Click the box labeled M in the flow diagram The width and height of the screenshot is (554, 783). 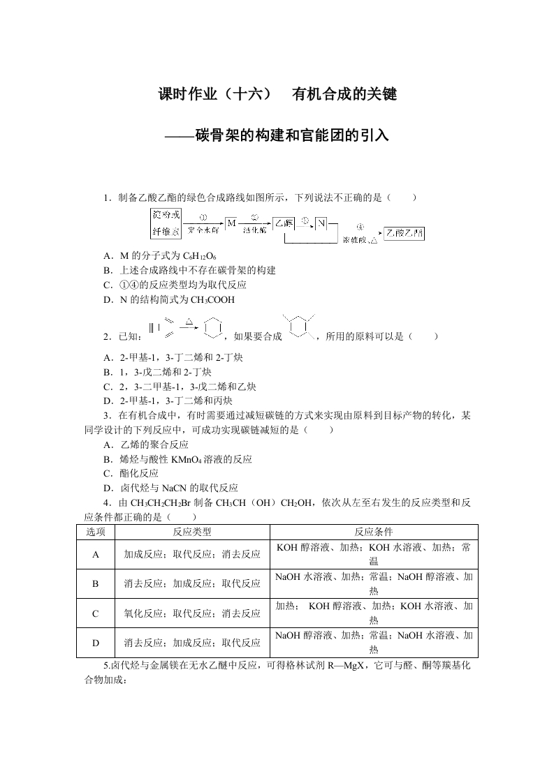coord(231,223)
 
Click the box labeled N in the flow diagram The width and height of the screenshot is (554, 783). coord(321,223)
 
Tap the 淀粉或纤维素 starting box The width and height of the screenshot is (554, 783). coord(166,223)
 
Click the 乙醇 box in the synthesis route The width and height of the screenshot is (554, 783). coord(283,223)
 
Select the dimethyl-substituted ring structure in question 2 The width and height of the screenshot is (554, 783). coord(299,326)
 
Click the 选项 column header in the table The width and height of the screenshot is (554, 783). coord(96,532)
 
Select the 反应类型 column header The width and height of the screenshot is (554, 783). coord(192,532)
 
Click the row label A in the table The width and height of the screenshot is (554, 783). coord(96,554)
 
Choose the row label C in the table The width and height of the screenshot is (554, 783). coord(96,613)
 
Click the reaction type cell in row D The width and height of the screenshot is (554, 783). coord(192,643)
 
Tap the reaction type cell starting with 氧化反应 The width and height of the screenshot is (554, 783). coord(192,613)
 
